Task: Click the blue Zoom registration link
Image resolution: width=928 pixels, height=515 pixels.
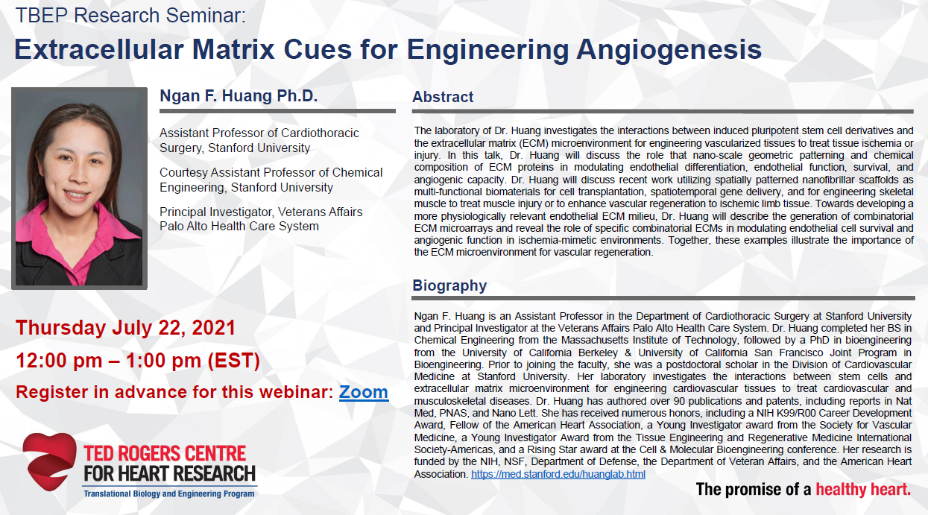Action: tap(363, 392)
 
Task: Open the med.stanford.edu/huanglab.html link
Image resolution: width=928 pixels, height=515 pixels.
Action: tap(558, 474)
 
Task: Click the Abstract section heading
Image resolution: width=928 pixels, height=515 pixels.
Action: tap(443, 97)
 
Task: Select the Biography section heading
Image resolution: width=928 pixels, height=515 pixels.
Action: tap(449, 285)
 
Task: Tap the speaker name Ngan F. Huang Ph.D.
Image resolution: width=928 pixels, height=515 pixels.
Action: tap(239, 95)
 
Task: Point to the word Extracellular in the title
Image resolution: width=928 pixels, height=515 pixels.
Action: tap(99, 50)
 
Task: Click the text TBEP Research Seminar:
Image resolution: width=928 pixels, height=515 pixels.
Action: tap(130, 16)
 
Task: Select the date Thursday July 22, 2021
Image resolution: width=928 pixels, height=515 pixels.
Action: tap(125, 328)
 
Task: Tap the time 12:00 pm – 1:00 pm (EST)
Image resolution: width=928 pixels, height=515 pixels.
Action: tap(138, 361)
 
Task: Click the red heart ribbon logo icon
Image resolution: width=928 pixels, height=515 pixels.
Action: tap(50, 461)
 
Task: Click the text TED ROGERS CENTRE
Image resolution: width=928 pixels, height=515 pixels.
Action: tap(165, 454)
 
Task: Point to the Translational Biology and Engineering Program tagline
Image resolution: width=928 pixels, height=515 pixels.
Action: tap(169, 493)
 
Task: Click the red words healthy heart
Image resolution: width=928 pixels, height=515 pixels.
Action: tap(863, 490)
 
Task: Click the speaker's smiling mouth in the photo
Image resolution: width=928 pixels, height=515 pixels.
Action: tap(76, 195)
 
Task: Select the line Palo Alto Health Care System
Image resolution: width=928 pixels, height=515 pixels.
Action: tap(239, 227)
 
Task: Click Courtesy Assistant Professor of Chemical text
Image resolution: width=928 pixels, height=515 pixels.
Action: tap(271, 172)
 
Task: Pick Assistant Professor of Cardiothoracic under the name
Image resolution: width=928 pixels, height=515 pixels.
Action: tap(259, 133)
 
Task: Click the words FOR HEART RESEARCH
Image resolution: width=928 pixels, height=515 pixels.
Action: tap(170, 473)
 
